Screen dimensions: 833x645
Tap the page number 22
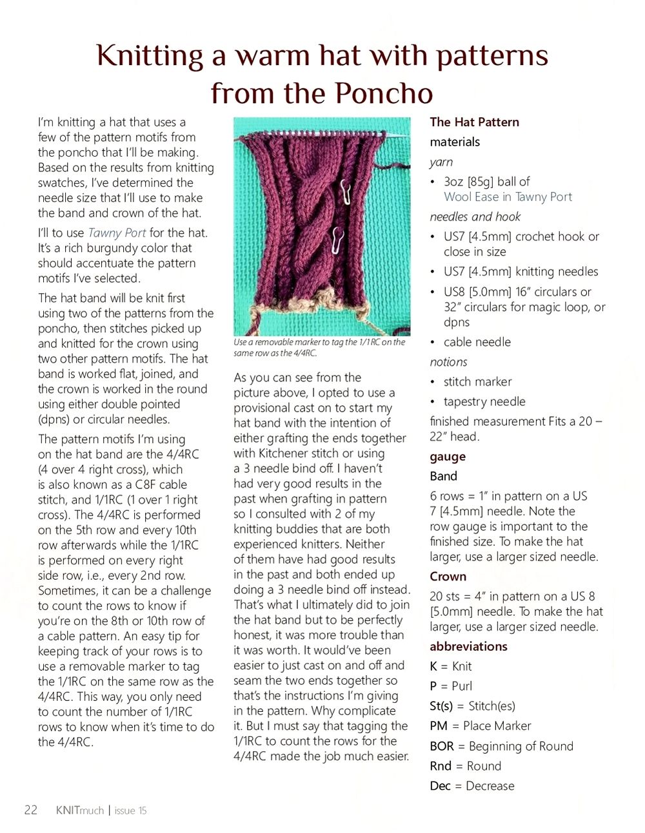tap(30, 810)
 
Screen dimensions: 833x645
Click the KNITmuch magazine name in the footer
tap(80, 810)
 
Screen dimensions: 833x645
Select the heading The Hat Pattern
tap(474, 122)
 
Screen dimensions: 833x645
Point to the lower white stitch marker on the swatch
tap(335, 241)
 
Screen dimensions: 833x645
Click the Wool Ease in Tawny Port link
tap(508, 196)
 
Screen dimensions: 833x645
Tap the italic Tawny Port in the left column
tap(117, 233)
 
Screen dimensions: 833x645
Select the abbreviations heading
tap(468, 646)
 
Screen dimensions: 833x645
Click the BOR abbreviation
tap(442, 746)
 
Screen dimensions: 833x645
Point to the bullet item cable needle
tap(477, 341)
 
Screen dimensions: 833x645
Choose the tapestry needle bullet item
tap(484, 401)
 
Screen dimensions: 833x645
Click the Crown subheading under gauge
tap(448, 576)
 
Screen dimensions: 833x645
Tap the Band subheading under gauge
tap(443, 476)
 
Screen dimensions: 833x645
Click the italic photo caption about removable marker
tap(319, 347)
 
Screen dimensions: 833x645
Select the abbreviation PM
tap(439, 726)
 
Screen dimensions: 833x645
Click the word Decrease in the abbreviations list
tap(490, 785)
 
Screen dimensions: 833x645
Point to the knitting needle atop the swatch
tap(322, 132)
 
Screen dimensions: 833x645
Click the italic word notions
tap(448, 361)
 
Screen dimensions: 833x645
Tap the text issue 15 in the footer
tap(130, 810)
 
